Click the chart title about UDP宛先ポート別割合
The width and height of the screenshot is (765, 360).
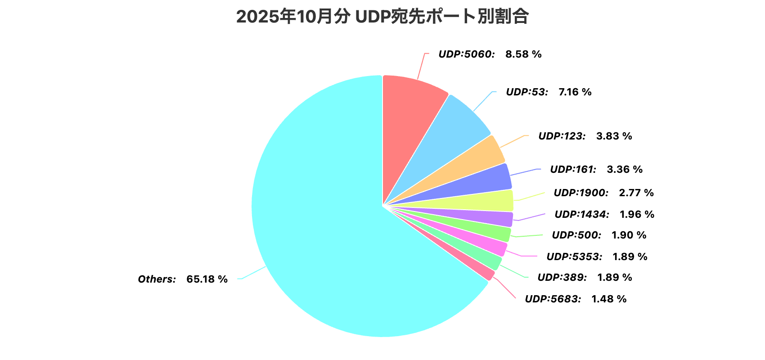point(382,17)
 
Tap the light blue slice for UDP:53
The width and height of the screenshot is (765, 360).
point(454,130)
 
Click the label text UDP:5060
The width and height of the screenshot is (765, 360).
point(467,54)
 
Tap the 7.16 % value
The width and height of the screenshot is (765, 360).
point(575,92)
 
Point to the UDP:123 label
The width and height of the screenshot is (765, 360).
point(562,136)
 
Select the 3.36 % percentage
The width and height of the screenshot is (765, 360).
point(625,170)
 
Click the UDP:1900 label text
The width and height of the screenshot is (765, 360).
point(581,193)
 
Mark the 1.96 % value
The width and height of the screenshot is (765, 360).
point(637,215)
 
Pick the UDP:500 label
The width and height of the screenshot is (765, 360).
point(576,235)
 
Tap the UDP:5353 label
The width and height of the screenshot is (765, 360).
point(574,257)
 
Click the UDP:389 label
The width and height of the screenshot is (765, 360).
point(562,278)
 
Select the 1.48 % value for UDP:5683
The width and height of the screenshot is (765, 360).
point(608,299)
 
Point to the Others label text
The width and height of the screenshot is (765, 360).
point(157,279)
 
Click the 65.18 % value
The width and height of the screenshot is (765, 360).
point(207,279)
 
